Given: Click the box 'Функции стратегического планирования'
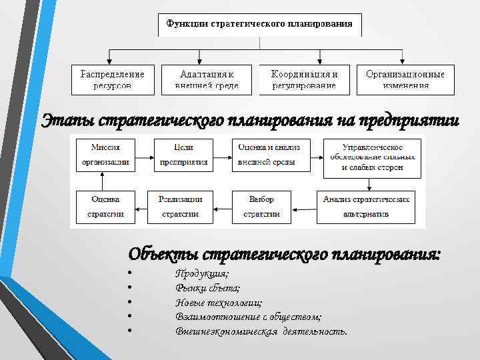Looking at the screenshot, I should (x=260, y=25).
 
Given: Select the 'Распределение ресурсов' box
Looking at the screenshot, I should (x=113, y=79).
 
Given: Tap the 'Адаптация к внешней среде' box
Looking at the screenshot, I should (x=207, y=79).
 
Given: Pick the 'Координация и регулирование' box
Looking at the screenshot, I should (x=304, y=79).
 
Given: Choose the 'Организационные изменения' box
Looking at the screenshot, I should (x=405, y=79).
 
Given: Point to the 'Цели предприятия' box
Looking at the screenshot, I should (x=184, y=155).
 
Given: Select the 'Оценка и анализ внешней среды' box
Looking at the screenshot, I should (x=270, y=155).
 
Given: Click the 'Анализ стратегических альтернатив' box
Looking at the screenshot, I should (x=365, y=207).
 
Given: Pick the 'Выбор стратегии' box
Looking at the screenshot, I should (x=261, y=207).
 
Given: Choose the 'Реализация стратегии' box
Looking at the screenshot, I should (x=180, y=207).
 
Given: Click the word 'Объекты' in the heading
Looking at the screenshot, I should (x=163, y=254).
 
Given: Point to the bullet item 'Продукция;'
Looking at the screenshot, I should (x=202, y=274).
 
